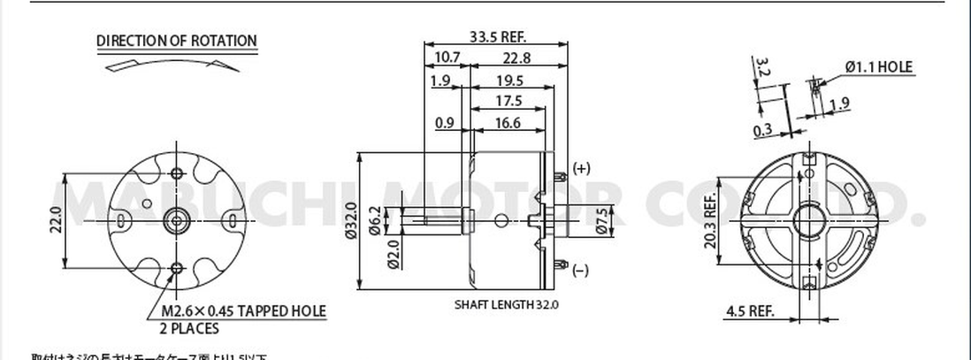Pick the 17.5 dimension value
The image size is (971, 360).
pyautogui.click(x=508, y=101)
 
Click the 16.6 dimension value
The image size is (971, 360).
pyautogui.click(x=508, y=123)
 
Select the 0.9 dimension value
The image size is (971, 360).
pyautogui.click(x=447, y=123)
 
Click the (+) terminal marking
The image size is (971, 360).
pyautogui.click(x=581, y=168)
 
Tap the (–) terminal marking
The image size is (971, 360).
pyautogui.click(x=580, y=271)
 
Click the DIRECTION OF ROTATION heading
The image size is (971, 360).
pyautogui.click(x=177, y=41)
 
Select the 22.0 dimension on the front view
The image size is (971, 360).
pyautogui.click(x=56, y=219)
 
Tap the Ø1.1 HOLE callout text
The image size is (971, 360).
pyautogui.click(x=878, y=66)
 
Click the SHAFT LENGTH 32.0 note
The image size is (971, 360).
pyautogui.click(x=507, y=304)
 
